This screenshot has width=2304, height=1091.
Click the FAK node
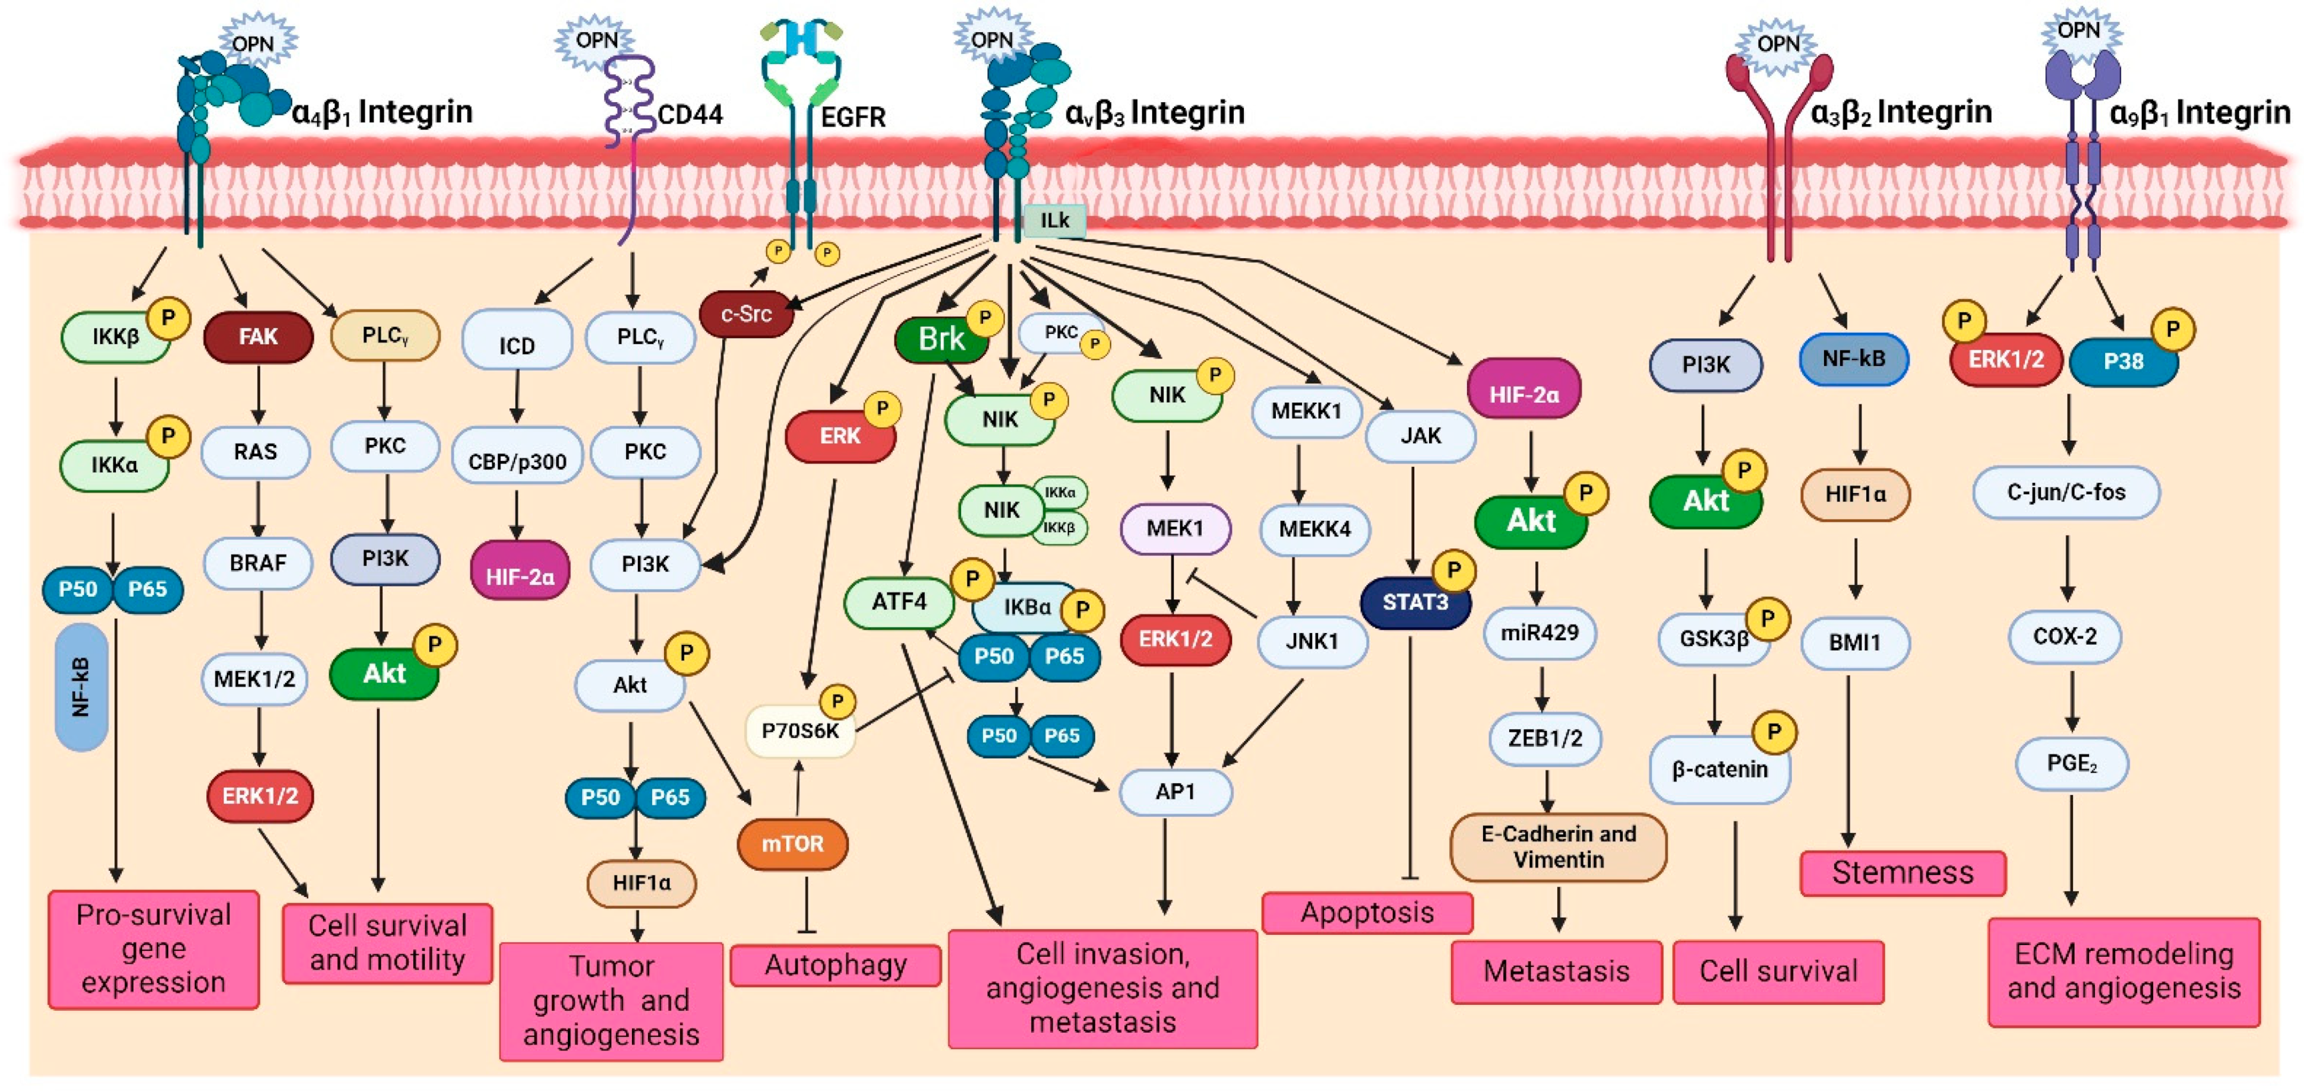(x=258, y=336)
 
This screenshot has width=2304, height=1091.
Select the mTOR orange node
(x=792, y=843)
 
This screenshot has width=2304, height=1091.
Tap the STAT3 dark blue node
(x=1414, y=603)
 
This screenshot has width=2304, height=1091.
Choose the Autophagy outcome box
(x=835, y=965)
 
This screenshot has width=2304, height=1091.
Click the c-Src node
(x=746, y=314)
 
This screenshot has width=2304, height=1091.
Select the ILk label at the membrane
(x=1054, y=220)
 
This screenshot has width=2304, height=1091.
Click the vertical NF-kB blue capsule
(x=81, y=687)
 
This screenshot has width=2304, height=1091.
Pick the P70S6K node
(x=799, y=731)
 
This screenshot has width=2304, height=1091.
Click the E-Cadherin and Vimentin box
(x=1557, y=846)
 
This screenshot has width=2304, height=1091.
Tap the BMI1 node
(x=1854, y=642)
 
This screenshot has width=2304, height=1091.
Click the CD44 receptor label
(x=690, y=115)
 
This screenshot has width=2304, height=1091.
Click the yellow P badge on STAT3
(x=1453, y=570)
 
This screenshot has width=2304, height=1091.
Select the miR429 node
(x=1540, y=633)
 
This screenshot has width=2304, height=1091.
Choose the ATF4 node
(x=899, y=601)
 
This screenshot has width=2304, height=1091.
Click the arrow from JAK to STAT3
(x=1412, y=518)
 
